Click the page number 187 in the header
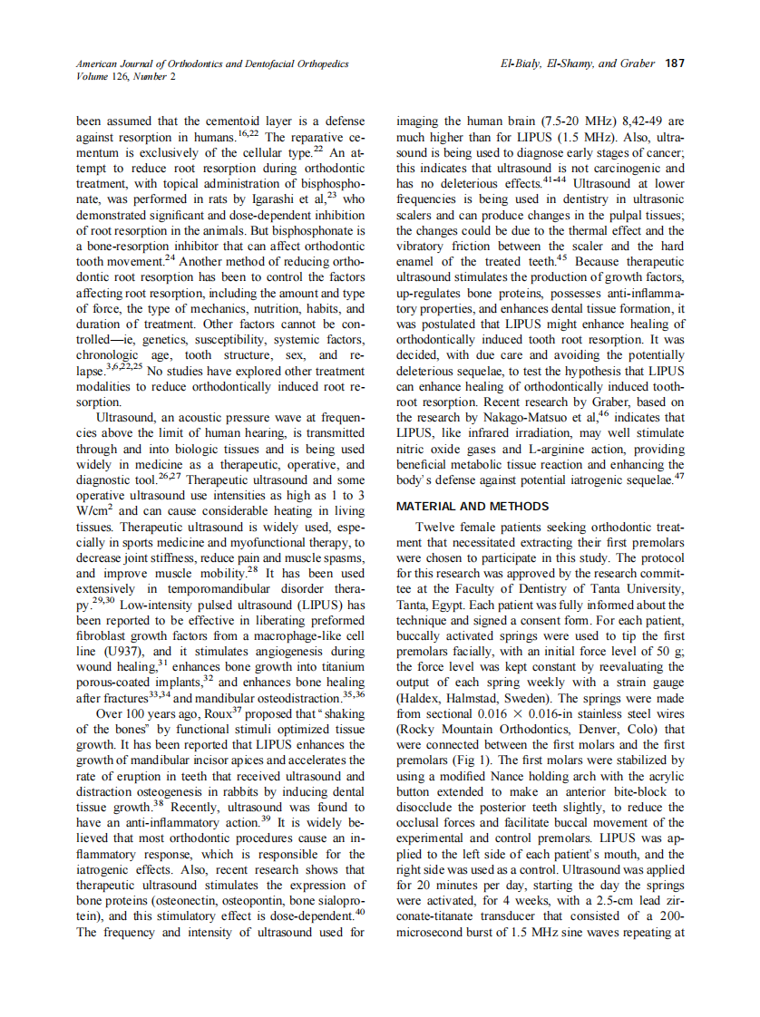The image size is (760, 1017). coord(675,63)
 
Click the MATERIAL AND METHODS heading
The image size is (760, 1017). coord(472,506)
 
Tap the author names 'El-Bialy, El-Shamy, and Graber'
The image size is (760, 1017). coord(579,63)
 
